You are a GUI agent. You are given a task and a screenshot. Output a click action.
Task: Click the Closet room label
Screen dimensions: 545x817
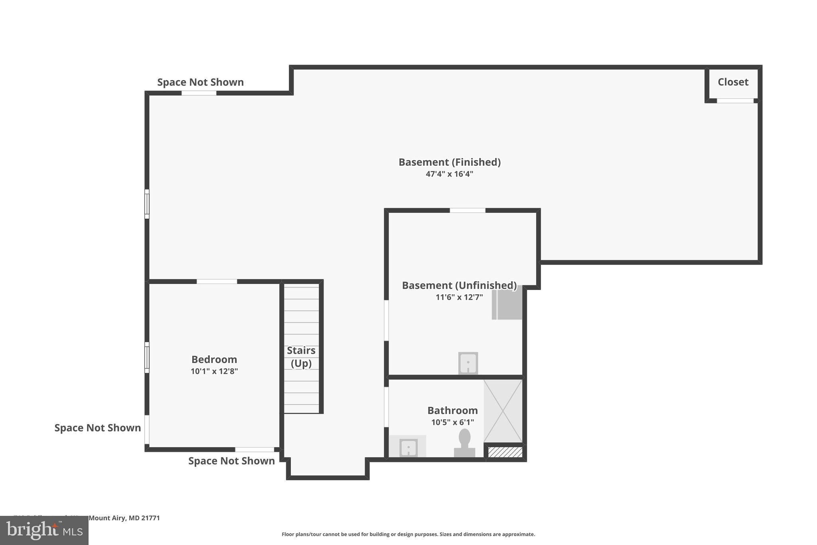(x=733, y=82)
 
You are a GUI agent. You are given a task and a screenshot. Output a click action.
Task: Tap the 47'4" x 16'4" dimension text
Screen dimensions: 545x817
(x=449, y=174)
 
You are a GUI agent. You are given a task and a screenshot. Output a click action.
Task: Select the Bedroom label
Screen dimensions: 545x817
(x=214, y=359)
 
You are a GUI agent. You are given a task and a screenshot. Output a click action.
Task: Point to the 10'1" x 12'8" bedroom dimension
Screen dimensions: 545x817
(x=214, y=371)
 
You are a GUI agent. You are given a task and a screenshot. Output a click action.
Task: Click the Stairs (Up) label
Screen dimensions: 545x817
(x=301, y=357)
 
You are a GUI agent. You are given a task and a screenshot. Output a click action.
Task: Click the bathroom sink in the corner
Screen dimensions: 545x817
(x=408, y=447)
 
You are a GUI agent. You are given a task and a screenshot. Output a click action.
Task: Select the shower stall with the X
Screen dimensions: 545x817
(x=503, y=411)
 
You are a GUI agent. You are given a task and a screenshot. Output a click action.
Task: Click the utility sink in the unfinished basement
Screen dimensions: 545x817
(x=468, y=363)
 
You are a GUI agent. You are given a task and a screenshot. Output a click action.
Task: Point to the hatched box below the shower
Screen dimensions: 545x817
(x=505, y=452)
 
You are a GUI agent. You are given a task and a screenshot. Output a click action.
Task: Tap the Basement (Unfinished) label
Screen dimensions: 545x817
(x=459, y=285)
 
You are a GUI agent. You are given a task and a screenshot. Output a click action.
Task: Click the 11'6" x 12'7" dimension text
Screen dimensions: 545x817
(x=459, y=297)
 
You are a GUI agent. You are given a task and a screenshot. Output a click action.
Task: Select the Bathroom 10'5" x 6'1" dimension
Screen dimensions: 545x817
(x=452, y=422)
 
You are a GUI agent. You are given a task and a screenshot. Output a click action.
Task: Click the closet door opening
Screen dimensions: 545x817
(x=735, y=101)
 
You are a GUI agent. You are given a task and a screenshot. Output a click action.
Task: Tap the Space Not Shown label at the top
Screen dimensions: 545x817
(x=200, y=82)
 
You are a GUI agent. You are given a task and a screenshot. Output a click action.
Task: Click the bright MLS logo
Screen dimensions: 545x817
(x=44, y=530)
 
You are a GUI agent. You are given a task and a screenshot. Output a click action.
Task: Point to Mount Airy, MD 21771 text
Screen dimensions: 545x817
(x=124, y=518)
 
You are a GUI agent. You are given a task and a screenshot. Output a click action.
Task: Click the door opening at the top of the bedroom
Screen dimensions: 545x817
(x=217, y=281)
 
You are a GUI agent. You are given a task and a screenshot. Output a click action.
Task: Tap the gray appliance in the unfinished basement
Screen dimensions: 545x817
(x=507, y=305)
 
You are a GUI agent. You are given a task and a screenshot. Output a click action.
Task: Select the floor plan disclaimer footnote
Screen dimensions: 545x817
(x=408, y=534)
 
